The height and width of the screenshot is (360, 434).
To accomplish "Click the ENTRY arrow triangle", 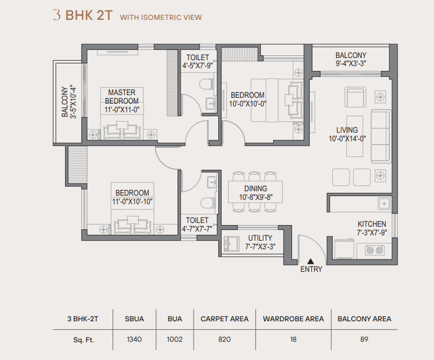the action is [x=310, y=261].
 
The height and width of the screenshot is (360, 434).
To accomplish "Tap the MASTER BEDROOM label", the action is [x=122, y=97].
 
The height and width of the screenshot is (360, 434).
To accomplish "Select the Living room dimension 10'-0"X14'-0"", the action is [x=347, y=139].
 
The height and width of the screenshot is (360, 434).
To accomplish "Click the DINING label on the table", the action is [x=255, y=189].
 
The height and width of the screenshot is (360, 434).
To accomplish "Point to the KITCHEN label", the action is [x=372, y=224].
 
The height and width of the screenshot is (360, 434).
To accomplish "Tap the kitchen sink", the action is [x=384, y=204].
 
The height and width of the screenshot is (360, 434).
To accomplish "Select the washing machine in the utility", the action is [x=232, y=243].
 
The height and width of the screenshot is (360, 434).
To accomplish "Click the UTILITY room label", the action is [x=260, y=238].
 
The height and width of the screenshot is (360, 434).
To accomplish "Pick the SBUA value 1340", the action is [x=134, y=339].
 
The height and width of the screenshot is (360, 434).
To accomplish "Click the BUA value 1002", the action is [x=175, y=339].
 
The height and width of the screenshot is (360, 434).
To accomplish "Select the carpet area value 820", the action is [x=224, y=339].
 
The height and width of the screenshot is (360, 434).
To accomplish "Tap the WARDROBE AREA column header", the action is [x=294, y=319].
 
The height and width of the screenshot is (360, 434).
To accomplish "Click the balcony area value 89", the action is [x=364, y=339].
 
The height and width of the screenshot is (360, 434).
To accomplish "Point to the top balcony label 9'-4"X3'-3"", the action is [x=351, y=63].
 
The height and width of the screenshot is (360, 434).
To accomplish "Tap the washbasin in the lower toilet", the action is [x=212, y=182].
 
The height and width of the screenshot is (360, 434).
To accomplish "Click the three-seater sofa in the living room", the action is [x=381, y=136].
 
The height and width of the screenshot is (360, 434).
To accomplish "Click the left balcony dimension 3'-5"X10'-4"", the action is [x=73, y=102].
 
